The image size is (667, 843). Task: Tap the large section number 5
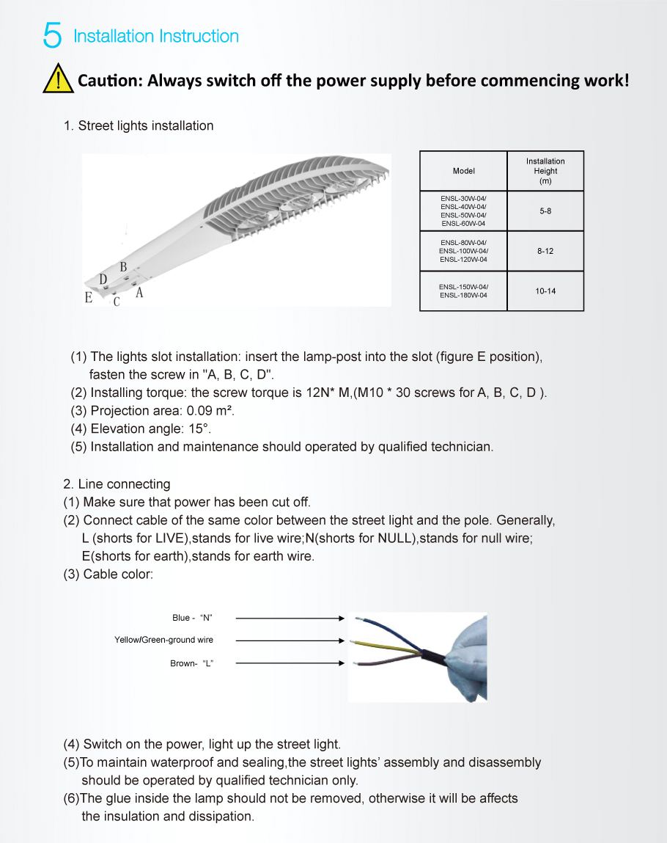pyautogui.click(x=52, y=36)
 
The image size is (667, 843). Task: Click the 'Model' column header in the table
pyautogui.click(x=463, y=171)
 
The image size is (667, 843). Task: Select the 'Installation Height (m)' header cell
pyautogui.click(x=545, y=171)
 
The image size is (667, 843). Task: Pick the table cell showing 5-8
pyautogui.click(x=545, y=211)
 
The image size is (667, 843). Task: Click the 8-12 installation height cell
pyautogui.click(x=545, y=251)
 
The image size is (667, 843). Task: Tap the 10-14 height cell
pyautogui.click(x=545, y=291)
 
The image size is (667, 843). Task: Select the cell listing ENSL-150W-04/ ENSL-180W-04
pyautogui.click(x=463, y=291)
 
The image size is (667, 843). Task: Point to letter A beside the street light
pyautogui.click(x=139, y=293)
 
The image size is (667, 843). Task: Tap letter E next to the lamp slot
pyautogui.click(x=89, y=297)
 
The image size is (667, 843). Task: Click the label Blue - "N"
pyautogui.click(x=192, y=618)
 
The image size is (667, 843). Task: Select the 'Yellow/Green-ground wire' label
pyautogui.click(x=163, y=640)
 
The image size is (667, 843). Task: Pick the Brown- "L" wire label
pyautogui.click(x=191, y=663)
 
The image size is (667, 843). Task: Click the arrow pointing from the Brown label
pyautogui.click(x=290, y=663)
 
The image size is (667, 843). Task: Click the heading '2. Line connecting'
pyautogui.click(x=117, y=484)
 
